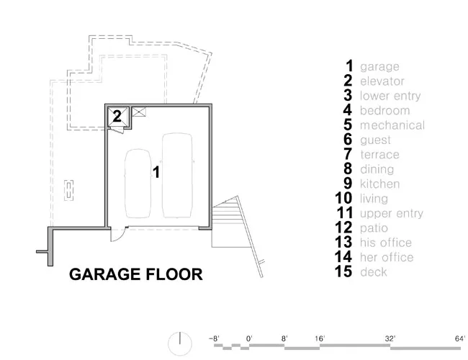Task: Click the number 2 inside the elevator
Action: (x=117, y=116)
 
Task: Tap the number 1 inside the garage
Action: (x=156, y=172)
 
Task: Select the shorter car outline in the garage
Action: (x=138, y=183)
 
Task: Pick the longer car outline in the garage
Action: (x=177, y=175)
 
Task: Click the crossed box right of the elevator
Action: (x=139, y=112)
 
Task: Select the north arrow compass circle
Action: (x=180, y=343)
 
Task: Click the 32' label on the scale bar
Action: (x=390, y=338)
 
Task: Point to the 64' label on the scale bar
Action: (x=460, y=338)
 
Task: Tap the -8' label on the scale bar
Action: (x=214, y=338)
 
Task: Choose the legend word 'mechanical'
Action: (x=392, y=125)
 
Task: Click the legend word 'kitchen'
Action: (x=379, y=184)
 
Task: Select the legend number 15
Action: (x=343, y=271)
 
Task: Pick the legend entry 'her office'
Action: (x=387, y=257)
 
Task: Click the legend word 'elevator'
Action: (x=382, y=81)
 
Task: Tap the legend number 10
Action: (x=343, y=198)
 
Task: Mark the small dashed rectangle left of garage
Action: (x=69, y=190)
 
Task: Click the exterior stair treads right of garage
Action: (x=227, y=212)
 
